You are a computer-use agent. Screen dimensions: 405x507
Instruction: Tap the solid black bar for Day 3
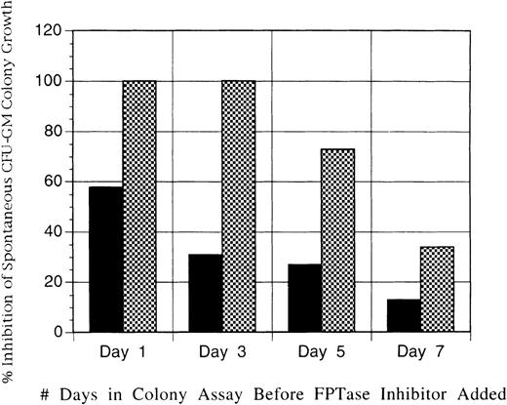pyautogui.click(x=206, y=293)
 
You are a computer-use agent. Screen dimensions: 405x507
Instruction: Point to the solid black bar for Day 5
pyautogui.click(x=305, y=298)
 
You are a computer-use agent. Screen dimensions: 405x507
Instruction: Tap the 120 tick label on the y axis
pyautogui.click(x=49, y=31)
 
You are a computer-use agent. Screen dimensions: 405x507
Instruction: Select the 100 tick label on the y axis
pyautogui.click(x=49, y=81)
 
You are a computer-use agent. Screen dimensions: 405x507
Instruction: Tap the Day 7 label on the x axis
pyautogui.click(x=420, y=349)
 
